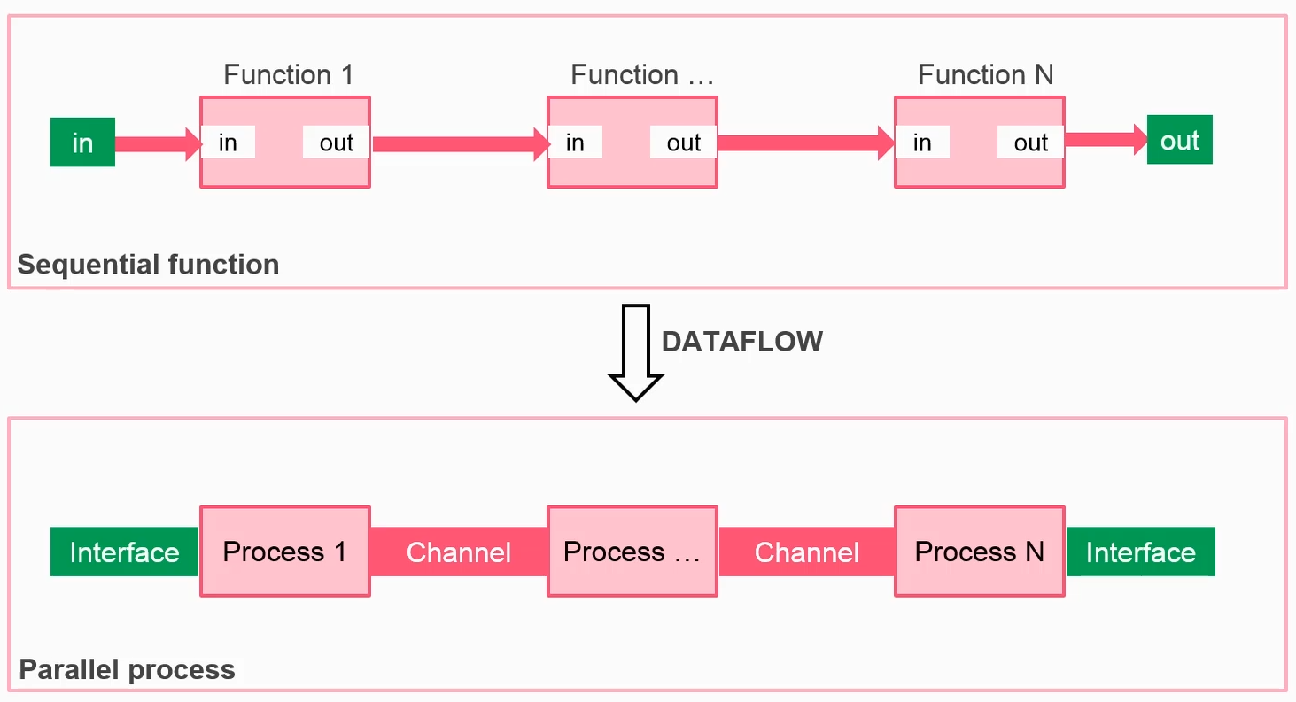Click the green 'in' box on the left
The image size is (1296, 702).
tap(82, 143)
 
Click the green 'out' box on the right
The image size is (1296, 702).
tap(1180, 139)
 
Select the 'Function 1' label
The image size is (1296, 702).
tap(288, 74)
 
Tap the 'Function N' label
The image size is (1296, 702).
tap(986, 74)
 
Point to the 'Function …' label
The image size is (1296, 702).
tap(642, 74)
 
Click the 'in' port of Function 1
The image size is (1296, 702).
tap(228, 143)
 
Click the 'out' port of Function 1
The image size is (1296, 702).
tap(336, 143)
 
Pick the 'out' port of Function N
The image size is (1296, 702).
tap(1030, 143)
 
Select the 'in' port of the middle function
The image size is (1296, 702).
tap(575, 143)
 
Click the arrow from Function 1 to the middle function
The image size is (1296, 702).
tap(462, 144)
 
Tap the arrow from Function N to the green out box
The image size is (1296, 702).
tap(1106, 139)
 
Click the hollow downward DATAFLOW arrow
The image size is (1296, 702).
tap(636, 352)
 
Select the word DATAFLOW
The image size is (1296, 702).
tap(742, 342)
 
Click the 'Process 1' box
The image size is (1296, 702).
tap(285, 552)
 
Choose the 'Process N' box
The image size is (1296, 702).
tap(980, 552)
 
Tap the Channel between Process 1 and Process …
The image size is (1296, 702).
tap(459, 552)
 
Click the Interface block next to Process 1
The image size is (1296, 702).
tap(124, 552)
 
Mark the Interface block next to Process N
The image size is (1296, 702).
tap(1140, 552)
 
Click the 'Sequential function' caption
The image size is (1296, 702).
tap(148, 265)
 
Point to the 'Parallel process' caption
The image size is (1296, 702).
tap(128, 669)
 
